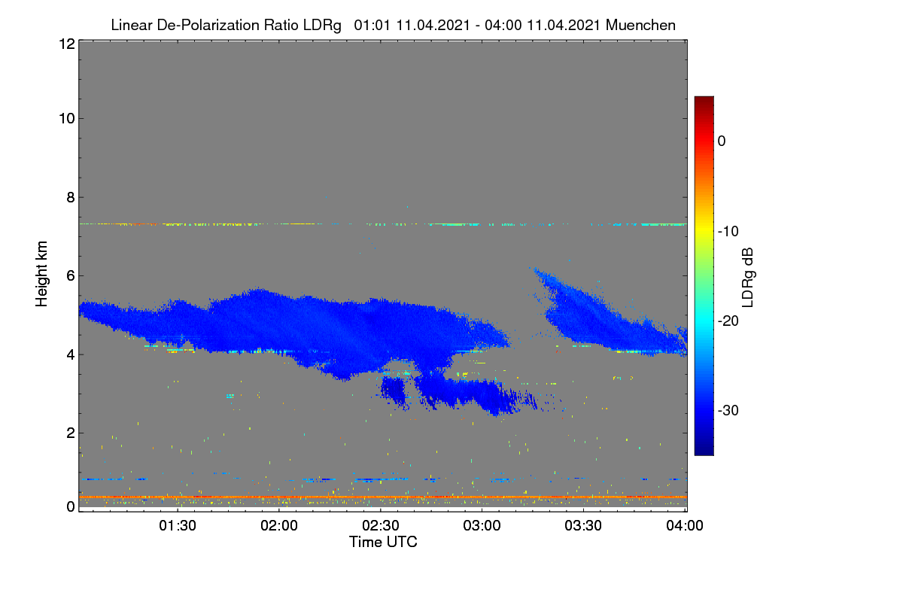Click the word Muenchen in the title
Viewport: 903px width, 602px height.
tap(640, 26)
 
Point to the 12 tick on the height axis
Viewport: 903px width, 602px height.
tap(67, 44)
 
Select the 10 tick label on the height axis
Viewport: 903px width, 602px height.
tap(67, 119)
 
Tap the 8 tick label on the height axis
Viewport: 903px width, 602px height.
tap(71, 197)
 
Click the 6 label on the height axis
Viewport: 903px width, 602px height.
tap(71, 276)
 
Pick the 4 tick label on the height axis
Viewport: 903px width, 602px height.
tap(71, 355)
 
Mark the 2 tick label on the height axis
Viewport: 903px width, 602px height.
tap(71, 433)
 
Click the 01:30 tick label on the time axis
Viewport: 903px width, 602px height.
tap(178, 526)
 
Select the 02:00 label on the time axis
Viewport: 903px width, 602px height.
tap(279, 526)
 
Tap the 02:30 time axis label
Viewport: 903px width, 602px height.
tap(381, 526)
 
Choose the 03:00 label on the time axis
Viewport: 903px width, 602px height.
tap(482, 526)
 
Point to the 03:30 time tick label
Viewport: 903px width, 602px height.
tap(583, 526)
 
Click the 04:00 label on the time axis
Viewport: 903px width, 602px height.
tap(685, 526)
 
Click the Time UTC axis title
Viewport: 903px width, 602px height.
tap(383, 543)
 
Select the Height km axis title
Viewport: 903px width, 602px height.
tap(41, 274)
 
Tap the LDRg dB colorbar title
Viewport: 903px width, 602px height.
tap(748, 278)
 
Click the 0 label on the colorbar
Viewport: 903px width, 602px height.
tap(722, 141)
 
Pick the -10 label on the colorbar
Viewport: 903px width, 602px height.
tap(728, 232)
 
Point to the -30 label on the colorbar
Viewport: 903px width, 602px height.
tap(728, 410)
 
